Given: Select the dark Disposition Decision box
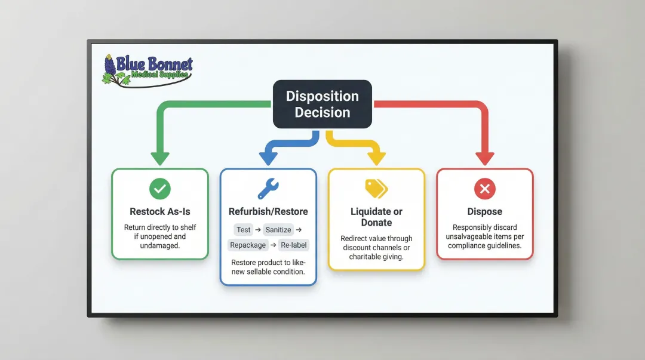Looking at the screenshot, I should (x=322, y=104).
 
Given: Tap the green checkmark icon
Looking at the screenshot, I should (x=159, y=189).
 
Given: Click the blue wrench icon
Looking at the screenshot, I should (x=268, y=189).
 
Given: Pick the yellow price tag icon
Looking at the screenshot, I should (x=376, y=189).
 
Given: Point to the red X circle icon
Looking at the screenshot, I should (x=484, y=189).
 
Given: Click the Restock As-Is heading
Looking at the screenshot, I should (x=159, y=211).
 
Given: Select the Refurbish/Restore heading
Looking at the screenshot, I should (x=268, y=211).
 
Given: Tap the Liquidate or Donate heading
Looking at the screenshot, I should (x=376, y=217).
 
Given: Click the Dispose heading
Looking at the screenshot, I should (x=484, y=211).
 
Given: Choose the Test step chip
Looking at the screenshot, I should (x=244, y=230).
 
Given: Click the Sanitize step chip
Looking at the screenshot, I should (x=278, y=230).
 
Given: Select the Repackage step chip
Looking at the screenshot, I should (x=248, y=245).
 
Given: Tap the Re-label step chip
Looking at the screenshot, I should (x=294, y=245).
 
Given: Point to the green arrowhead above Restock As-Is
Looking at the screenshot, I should (x=159, y=159).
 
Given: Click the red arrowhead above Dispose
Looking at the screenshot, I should (x=484, y=159).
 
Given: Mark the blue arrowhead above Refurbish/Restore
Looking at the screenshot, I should (x=268, y=159).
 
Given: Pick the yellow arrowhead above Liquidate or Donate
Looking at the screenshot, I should (x=376, y=159).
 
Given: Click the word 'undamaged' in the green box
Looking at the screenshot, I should (x=159, y=245).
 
